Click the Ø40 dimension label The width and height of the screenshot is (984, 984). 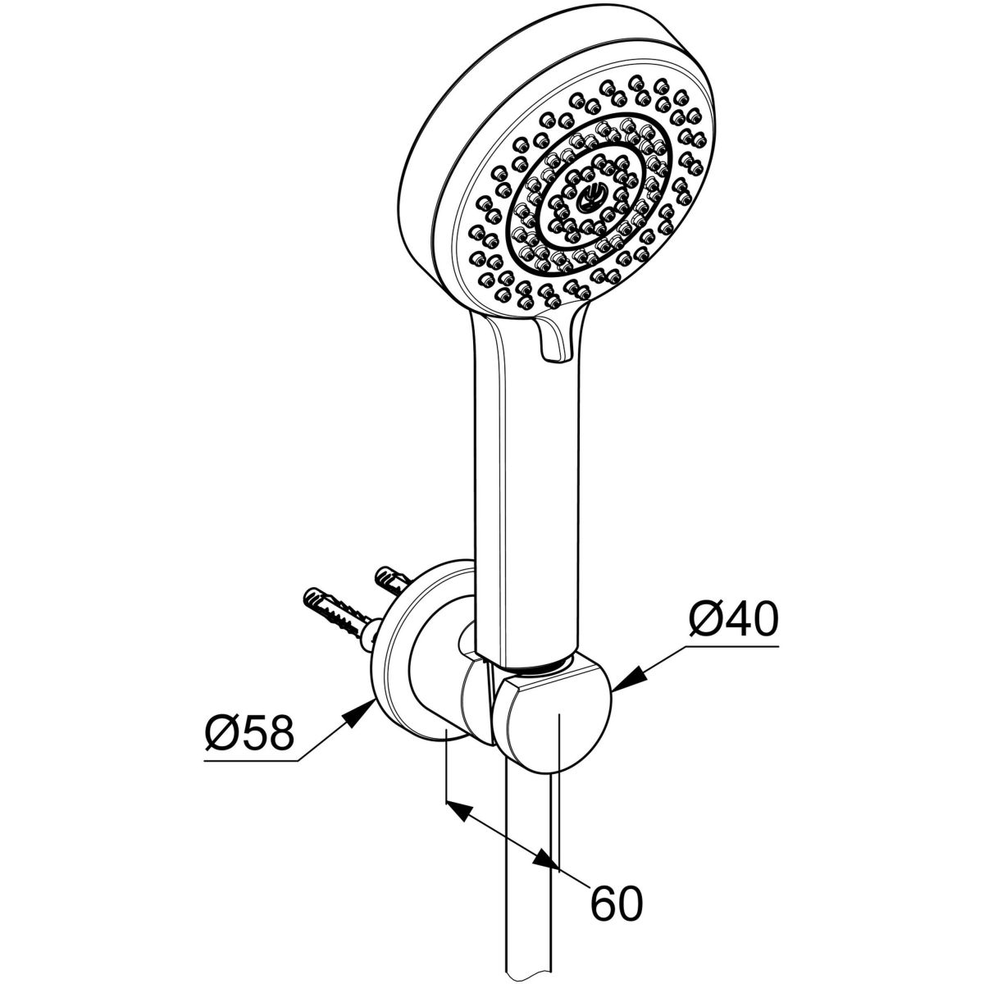[733, 619]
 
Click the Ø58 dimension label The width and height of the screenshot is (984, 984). [250, 733]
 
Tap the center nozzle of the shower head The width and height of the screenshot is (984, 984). [592, 198]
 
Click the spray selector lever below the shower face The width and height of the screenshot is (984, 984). [558, 337]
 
